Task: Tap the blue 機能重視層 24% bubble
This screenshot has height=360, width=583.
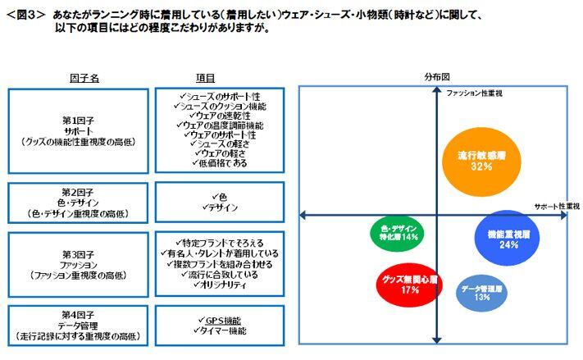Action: click(508, 239)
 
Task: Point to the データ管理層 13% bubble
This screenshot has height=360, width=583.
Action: click(481, 293)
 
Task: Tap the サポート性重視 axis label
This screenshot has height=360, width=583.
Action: click(557, 206)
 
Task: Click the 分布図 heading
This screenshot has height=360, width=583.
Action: click(436, 75)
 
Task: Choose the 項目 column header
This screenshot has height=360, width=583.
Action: click(206, 78)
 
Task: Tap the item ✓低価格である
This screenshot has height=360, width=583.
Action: click(216, 163)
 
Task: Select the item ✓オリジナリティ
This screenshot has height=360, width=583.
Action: click(216, 286)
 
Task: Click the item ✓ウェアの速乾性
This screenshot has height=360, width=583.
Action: click(216, 115)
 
